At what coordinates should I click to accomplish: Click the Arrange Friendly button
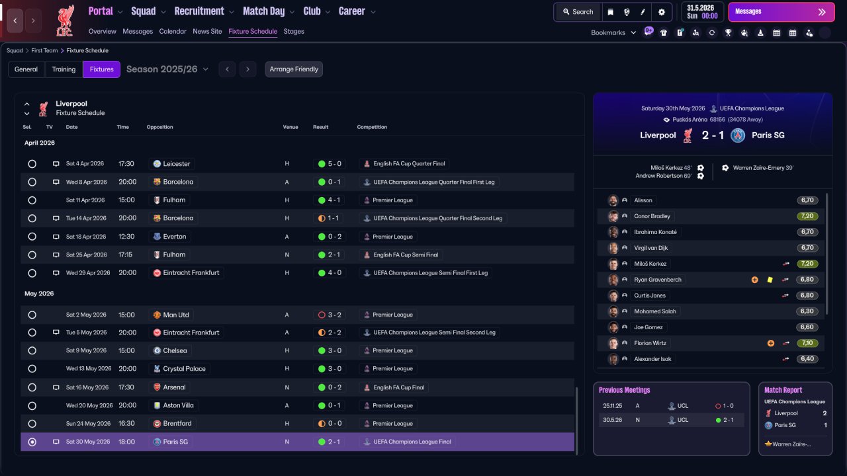(294, 69)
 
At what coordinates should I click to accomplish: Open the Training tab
(64, 69)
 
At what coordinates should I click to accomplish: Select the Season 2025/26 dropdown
(167, 69)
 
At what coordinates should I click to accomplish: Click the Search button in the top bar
(578, 12)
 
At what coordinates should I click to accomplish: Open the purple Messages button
(781, 12)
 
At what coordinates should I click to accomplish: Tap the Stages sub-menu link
(294, 31)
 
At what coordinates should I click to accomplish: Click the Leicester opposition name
(176, 163)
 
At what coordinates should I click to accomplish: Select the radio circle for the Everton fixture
(32, 237)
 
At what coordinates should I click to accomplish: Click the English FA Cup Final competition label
(398, 387)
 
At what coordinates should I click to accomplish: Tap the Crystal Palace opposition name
(184, 369)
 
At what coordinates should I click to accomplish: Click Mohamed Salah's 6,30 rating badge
(807, 311)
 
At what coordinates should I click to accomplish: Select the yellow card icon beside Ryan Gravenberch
(770, 280)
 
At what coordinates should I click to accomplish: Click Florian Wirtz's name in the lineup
(650, 343)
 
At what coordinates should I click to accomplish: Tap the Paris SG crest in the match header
(737, 136)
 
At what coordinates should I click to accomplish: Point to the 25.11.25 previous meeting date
(613, 406)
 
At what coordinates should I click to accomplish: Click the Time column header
(122, 127)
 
